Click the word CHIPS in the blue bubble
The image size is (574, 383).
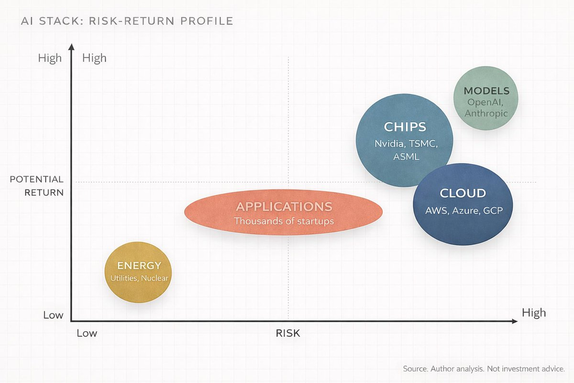[405, 127]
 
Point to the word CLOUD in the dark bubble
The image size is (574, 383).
[463, 193]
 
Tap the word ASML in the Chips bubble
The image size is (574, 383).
[406, 157]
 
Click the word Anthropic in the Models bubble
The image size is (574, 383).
[486, 113]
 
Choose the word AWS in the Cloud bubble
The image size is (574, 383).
[436, 210]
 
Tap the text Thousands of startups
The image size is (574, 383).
[284, 221]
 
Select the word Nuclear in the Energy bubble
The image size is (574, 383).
[154, 278]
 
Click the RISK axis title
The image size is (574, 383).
[288, 333]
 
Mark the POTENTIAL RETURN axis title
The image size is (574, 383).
[37, 186]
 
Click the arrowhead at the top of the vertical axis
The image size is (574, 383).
[71, 47]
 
